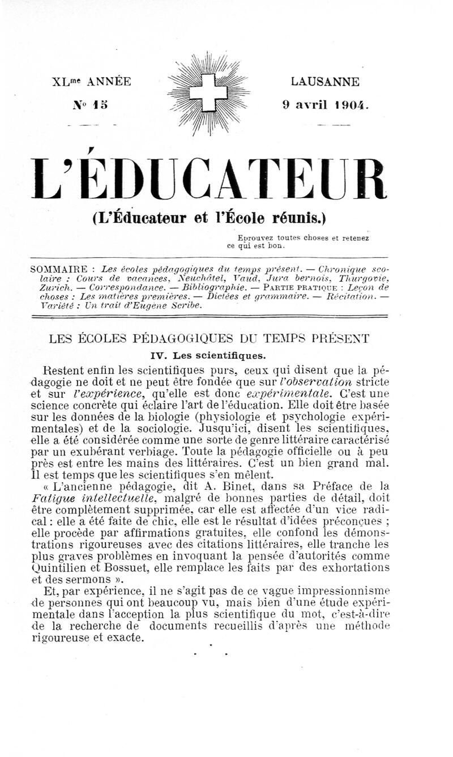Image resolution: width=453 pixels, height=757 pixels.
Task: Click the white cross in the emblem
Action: point(209,92)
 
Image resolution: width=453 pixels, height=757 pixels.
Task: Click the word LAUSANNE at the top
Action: point(324,82)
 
